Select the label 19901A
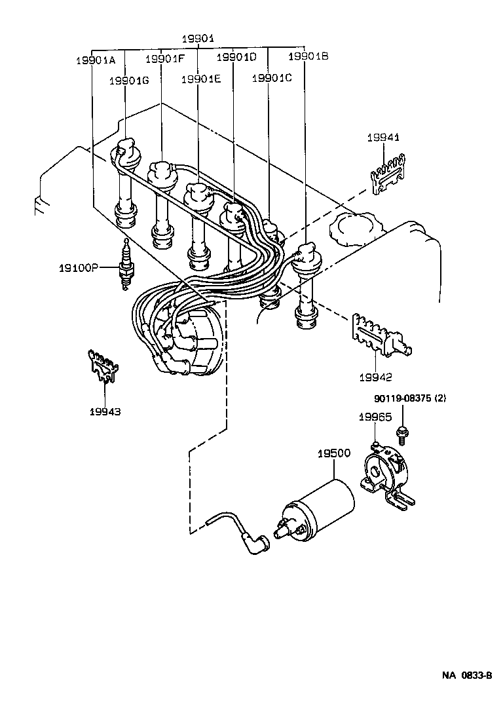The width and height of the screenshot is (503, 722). click(96, 60)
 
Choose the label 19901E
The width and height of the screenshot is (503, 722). click(201, 79)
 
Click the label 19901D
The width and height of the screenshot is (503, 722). click(236, 58)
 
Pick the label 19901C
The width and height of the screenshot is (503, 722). click(272, 77)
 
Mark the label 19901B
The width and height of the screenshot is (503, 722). click(308, 56)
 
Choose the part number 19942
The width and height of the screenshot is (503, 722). click(375, 377)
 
